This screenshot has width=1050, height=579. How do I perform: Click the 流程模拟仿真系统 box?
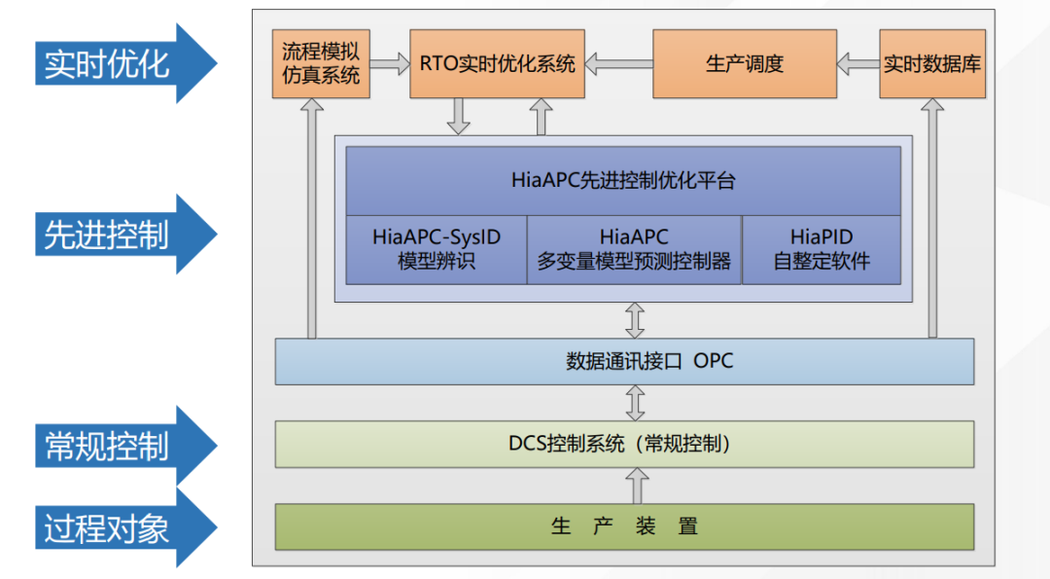click(321, 64)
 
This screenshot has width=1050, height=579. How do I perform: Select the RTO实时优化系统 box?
click(497, 64)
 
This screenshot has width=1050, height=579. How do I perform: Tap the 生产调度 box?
click(744, 64)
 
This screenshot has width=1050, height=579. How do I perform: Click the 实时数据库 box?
click(931, 64)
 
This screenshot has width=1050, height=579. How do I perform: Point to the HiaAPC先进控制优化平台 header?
click(623, 180)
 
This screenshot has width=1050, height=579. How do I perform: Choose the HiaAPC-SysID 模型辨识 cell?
click(437, 249)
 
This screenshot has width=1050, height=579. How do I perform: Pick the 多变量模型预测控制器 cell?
click(634, 249)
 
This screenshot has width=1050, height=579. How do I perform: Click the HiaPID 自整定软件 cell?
click(822, 249)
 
